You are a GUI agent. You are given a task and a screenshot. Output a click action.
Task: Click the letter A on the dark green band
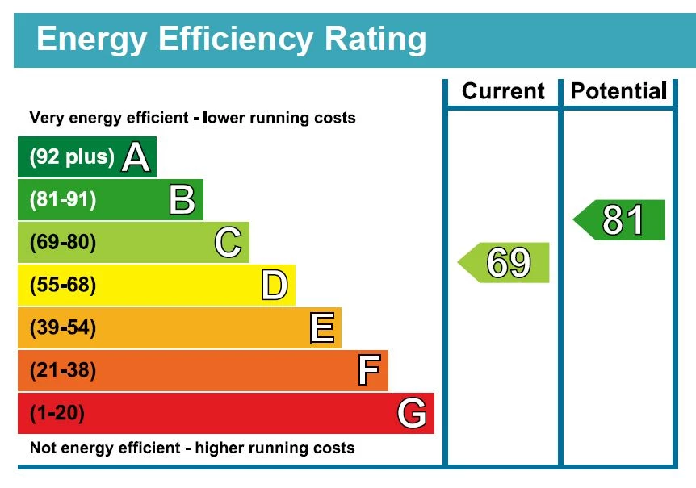(x=136, y=157)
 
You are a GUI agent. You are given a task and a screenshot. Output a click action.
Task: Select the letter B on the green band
(x=182, y=200)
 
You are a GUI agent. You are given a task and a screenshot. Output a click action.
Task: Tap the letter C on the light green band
(x=229, y=243)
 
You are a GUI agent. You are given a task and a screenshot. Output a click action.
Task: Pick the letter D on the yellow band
(x=275, y=286)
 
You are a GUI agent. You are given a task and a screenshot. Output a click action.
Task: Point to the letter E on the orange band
(x=321, y=328)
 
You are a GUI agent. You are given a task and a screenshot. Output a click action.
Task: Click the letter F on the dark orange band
(x=368, y=371)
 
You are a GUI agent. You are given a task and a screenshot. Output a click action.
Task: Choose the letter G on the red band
(x=412, y=414)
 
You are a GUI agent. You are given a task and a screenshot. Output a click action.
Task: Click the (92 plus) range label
(x=72, y=157)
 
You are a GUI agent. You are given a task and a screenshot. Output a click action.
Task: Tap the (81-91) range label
(x=63, y=200)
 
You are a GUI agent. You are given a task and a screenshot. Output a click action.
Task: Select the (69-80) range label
(x=63, y=243)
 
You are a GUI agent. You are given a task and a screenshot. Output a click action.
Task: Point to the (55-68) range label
(x=63, y=286)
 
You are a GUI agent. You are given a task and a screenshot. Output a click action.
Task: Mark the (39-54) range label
(x=63, y=328)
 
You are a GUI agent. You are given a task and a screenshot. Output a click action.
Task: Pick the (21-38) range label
(x=63, y=371)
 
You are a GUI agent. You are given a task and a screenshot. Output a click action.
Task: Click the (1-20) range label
(x=57, y=414)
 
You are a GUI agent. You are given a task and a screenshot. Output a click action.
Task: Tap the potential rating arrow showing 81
(x=621, y=220)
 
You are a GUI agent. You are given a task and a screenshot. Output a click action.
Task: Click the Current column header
(x=503, y=91)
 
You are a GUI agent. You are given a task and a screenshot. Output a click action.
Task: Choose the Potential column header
(x=618, y=91)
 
